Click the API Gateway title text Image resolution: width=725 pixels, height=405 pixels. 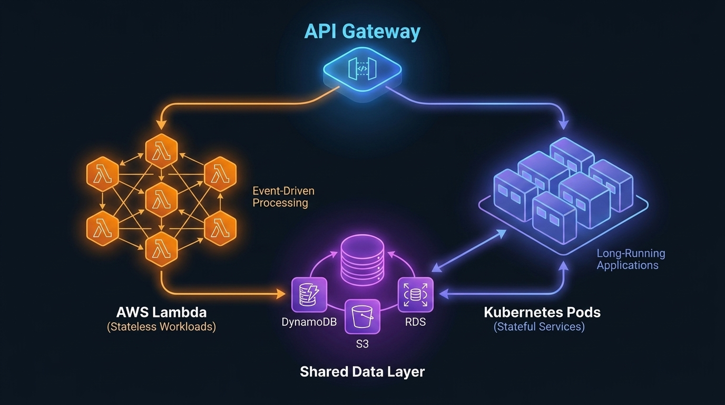click(362, 31)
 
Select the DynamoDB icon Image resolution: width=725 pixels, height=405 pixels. click(309, 295)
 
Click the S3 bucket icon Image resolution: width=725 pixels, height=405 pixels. click(362, 316)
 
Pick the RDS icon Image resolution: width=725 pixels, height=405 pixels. click(415, 295)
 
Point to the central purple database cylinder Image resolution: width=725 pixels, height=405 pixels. click(362, 261)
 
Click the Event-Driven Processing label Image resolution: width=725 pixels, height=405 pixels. click(283, 197)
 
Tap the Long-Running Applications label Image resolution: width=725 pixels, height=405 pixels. click(630, 259)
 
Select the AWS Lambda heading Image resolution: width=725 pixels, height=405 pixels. click(161, 312)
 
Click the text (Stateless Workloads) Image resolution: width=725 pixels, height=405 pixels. click(161, 327)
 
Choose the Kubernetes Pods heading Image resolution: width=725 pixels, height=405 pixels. click(542, 312)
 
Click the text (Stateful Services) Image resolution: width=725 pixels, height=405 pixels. click(539, 327)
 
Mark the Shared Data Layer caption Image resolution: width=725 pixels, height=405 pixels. click(362, 371)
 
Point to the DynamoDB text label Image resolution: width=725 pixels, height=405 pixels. click(309, 322)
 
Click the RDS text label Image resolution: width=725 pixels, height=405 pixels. click(415, 322)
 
